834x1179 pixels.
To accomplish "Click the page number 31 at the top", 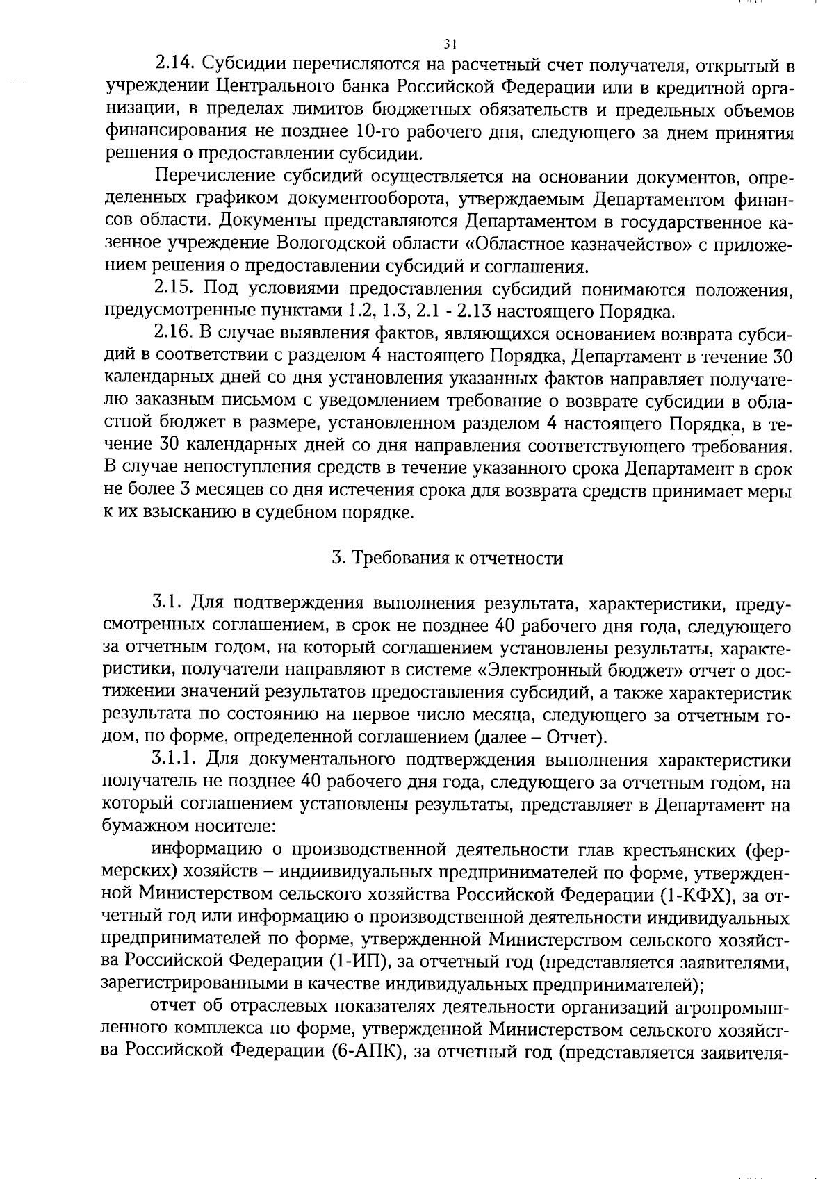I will pos(450,44).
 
